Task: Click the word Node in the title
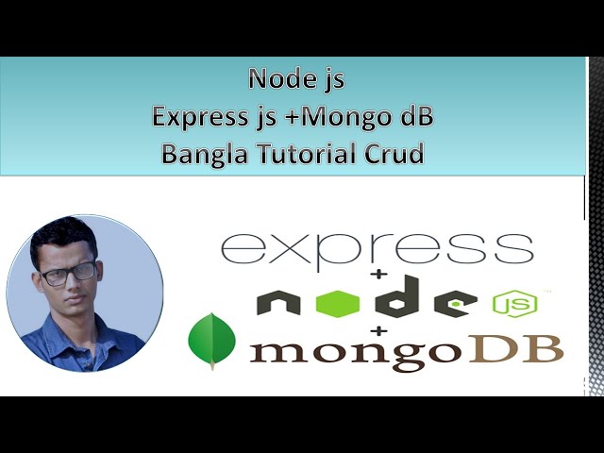pyautogui.click(x=270, y=79)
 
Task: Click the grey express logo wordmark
pyautogui.click(x=377, y=246)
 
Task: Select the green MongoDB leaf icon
pyautogui.click(x=211, y=341)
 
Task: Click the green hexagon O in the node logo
pyautogui.click(x=338, y=303)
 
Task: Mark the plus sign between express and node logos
pyautogui.click(x=381, y=275)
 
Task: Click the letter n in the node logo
pyautogui.click(x=278, y=303)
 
